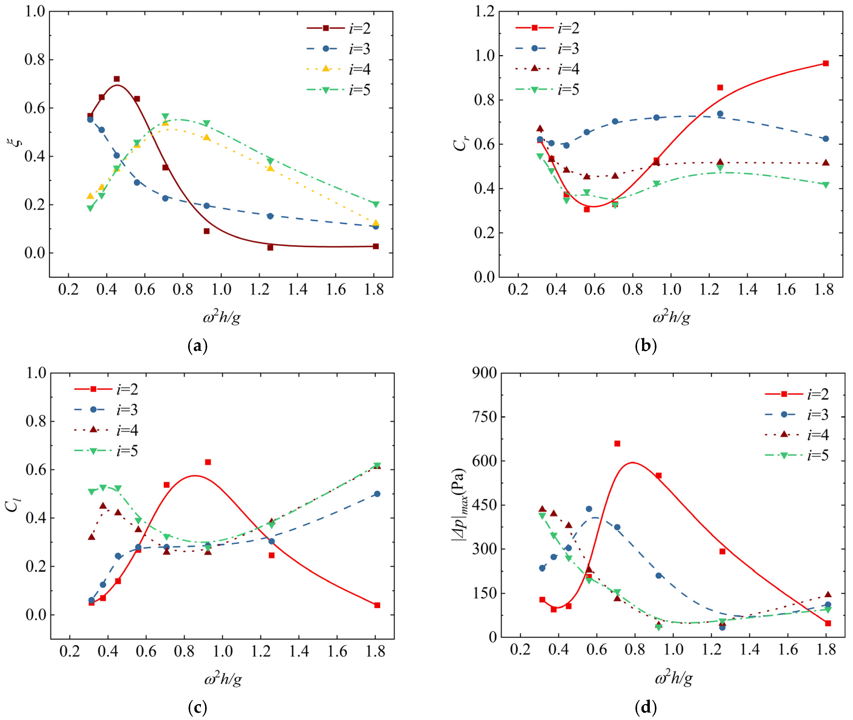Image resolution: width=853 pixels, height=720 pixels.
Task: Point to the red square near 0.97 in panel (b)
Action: coord(825,63)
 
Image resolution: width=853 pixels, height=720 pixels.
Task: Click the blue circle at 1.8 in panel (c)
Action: coord(377,494)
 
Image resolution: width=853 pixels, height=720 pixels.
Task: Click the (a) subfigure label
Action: coord(198,346)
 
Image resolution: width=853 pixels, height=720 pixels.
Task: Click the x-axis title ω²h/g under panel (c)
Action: coord(223,679)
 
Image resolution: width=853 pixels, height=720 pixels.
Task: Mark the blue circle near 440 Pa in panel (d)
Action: coord(589,509)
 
